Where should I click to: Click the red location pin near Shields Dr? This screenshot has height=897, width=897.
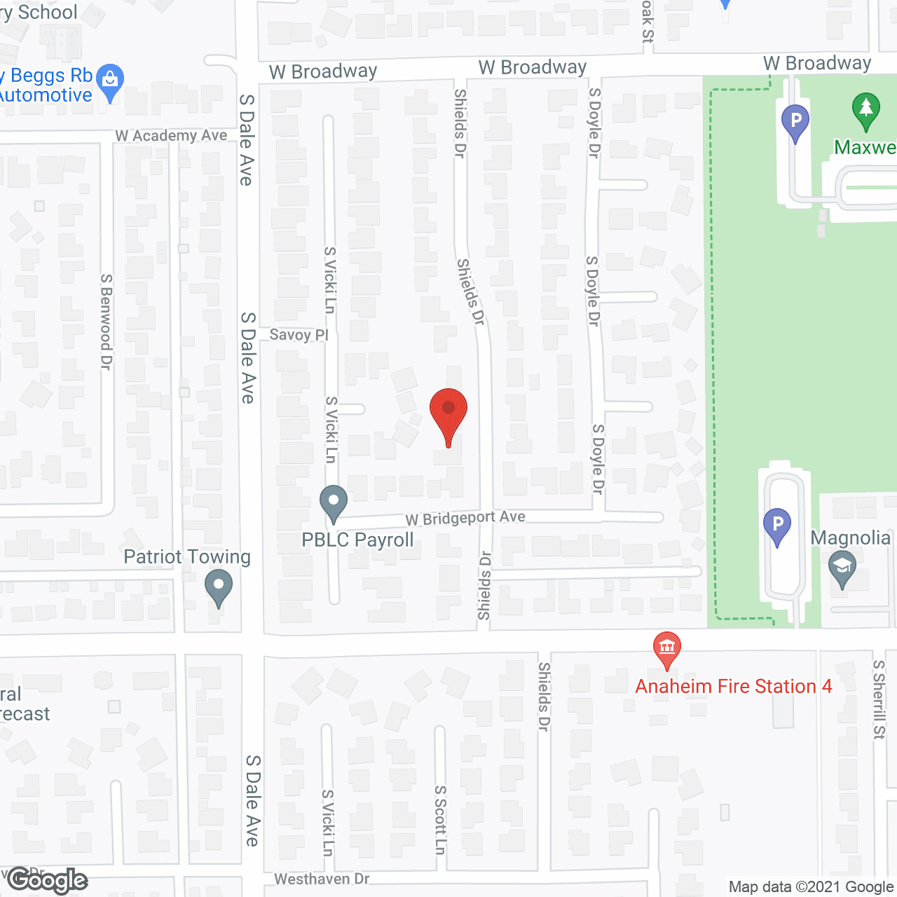pyautogui.click(x=448, y=411)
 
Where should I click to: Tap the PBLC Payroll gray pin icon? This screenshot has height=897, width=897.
pyautogui.click(x=334, y=502)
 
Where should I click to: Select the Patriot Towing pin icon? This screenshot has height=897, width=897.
pyautogui.click(x=218, y=587)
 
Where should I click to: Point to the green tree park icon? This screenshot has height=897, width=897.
pyautogui.click(x=866, y=111)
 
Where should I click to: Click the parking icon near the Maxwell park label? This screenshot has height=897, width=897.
pyautogui.click(x=795, y=122)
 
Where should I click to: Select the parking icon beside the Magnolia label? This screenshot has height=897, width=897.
pyautogui.click(x=776, y=525)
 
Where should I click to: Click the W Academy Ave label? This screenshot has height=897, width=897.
pyautogui.click(x=172, y=135)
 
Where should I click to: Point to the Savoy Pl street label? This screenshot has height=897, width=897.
pyautogui.click(x=299, y=335)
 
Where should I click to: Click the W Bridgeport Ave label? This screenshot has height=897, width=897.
pyautogui.click(x=465, y=519)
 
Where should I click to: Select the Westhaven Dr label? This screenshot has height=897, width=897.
pyautogui.click(x=322, y=879)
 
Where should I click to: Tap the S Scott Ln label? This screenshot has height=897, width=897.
pyautogui.click(x=440, y=819)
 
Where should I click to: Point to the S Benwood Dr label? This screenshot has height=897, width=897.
pyautogui.click(x=106, y=322)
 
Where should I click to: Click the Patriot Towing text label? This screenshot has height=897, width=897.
pyautogui.click(x=187, y=557)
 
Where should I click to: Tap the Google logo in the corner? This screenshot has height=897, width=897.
pyautogui.click(x=48, y=880)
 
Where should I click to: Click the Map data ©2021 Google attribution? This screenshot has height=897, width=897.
pyautogui.click(x=812, y=887)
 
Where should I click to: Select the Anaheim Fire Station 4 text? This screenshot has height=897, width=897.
pyautogui.click(x=734, y=686)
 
